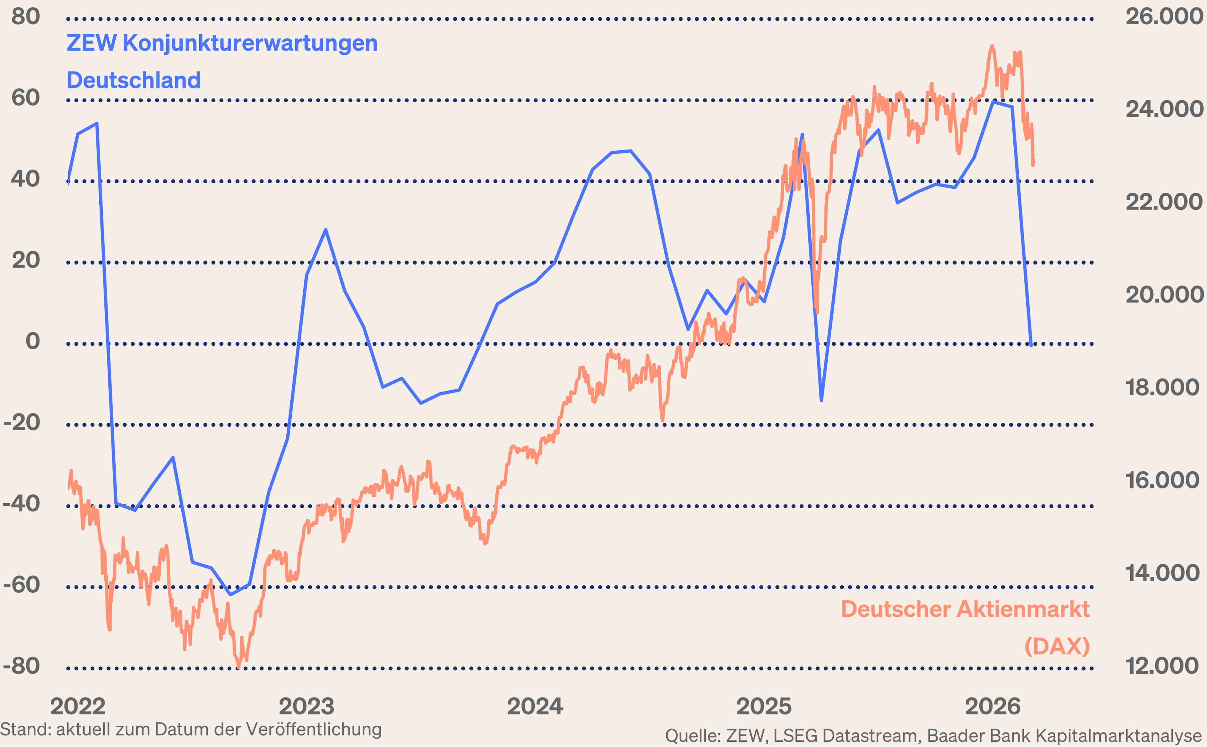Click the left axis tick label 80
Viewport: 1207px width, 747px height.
point(26,17)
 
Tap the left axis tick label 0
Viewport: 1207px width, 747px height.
point(33,341)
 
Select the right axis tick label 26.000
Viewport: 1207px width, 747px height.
point(1164,17)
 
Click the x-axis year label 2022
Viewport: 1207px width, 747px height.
point(78,706)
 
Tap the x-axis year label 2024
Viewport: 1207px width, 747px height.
point(535,706)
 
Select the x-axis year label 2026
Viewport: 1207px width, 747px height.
point(993,706)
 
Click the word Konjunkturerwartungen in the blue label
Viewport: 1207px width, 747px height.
point(250,43)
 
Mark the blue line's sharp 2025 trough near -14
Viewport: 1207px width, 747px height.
point(821,400)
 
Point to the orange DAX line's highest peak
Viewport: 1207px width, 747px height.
point(992,47)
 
